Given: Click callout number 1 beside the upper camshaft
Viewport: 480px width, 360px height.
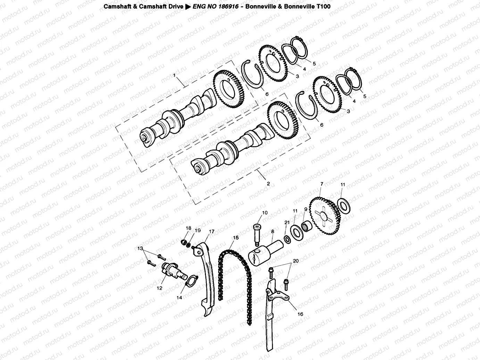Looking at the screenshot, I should [175, 75].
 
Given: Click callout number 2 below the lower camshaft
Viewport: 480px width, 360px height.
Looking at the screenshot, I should [268, 183].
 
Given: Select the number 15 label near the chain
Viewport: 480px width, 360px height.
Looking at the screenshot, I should [236, 238].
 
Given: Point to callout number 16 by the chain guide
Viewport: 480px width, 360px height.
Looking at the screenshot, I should [300, 314].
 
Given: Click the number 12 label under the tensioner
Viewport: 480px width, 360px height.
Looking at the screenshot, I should [159, 288].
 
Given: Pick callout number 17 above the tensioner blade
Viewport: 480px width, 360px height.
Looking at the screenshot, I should [211, 231].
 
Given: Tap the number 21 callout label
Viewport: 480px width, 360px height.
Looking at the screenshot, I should [287, 222].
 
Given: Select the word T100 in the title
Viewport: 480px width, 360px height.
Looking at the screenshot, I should [324, 6].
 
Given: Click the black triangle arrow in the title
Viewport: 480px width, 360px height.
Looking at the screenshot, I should [188, 6].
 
